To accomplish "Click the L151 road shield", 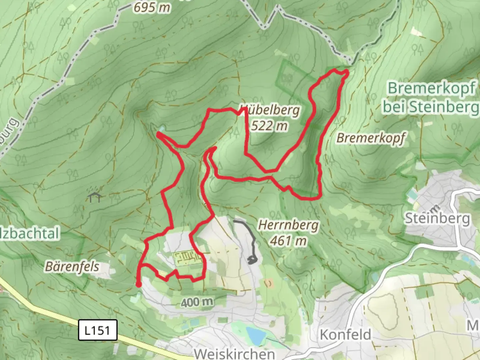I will (98, 330).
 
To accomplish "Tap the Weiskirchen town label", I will (235, 354).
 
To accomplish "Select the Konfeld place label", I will (345, 334).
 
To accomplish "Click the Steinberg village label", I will (437, 219).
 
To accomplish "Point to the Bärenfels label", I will (72, 266).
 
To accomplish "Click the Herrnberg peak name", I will (288, 225).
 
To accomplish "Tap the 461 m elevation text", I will (288, 240).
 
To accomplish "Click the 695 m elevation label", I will (152, 7).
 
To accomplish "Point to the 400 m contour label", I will (197, 302).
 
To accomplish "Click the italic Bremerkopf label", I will (371, 137).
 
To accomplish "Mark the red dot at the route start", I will (138, 284).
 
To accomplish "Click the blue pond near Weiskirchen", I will (255, 334).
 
